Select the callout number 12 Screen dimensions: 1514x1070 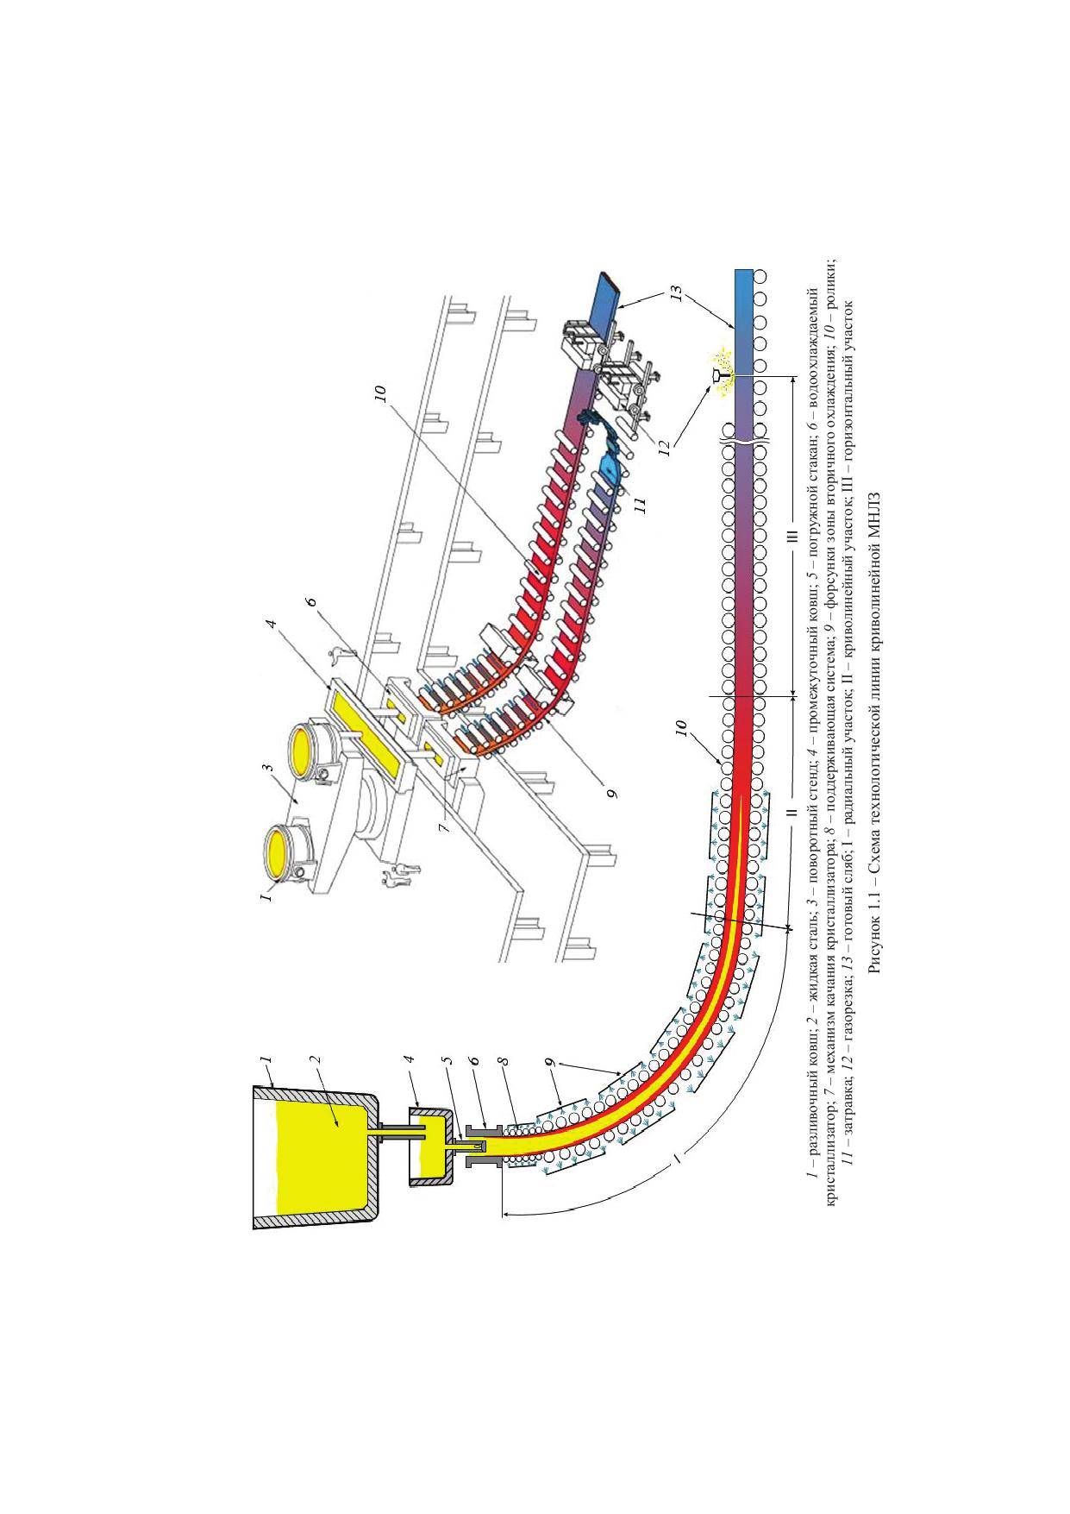point(663,449)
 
